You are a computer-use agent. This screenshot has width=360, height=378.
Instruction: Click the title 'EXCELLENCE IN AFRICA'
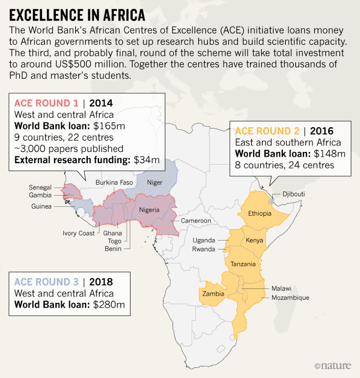77,15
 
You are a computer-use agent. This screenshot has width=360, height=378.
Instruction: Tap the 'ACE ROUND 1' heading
46,103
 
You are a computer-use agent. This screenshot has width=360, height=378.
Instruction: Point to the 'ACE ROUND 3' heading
46,282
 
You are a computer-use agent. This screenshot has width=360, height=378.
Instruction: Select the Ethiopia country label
260,213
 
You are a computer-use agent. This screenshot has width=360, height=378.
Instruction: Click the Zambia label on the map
213,294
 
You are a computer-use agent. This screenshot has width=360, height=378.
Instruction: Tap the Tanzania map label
243,264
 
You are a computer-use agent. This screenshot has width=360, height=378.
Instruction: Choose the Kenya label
254,240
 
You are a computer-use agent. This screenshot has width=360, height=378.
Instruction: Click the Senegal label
39,188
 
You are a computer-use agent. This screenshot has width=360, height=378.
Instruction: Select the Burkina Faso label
115,182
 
